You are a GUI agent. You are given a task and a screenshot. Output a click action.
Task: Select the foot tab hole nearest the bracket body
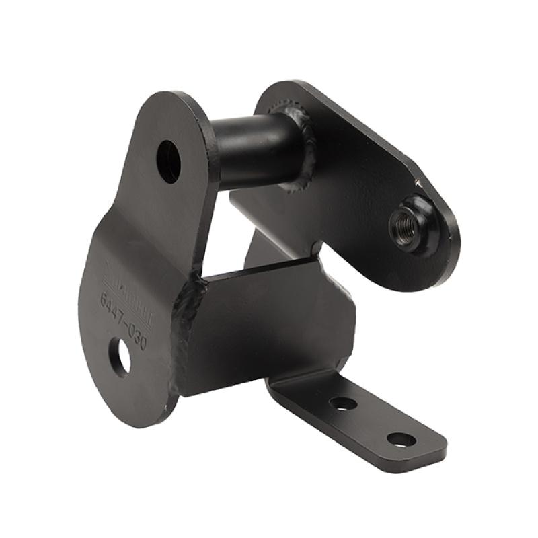[343, 404]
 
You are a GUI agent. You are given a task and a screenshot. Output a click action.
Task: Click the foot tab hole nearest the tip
[401, 440]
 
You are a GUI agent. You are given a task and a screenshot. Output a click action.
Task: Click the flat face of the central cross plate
[269, 323]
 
